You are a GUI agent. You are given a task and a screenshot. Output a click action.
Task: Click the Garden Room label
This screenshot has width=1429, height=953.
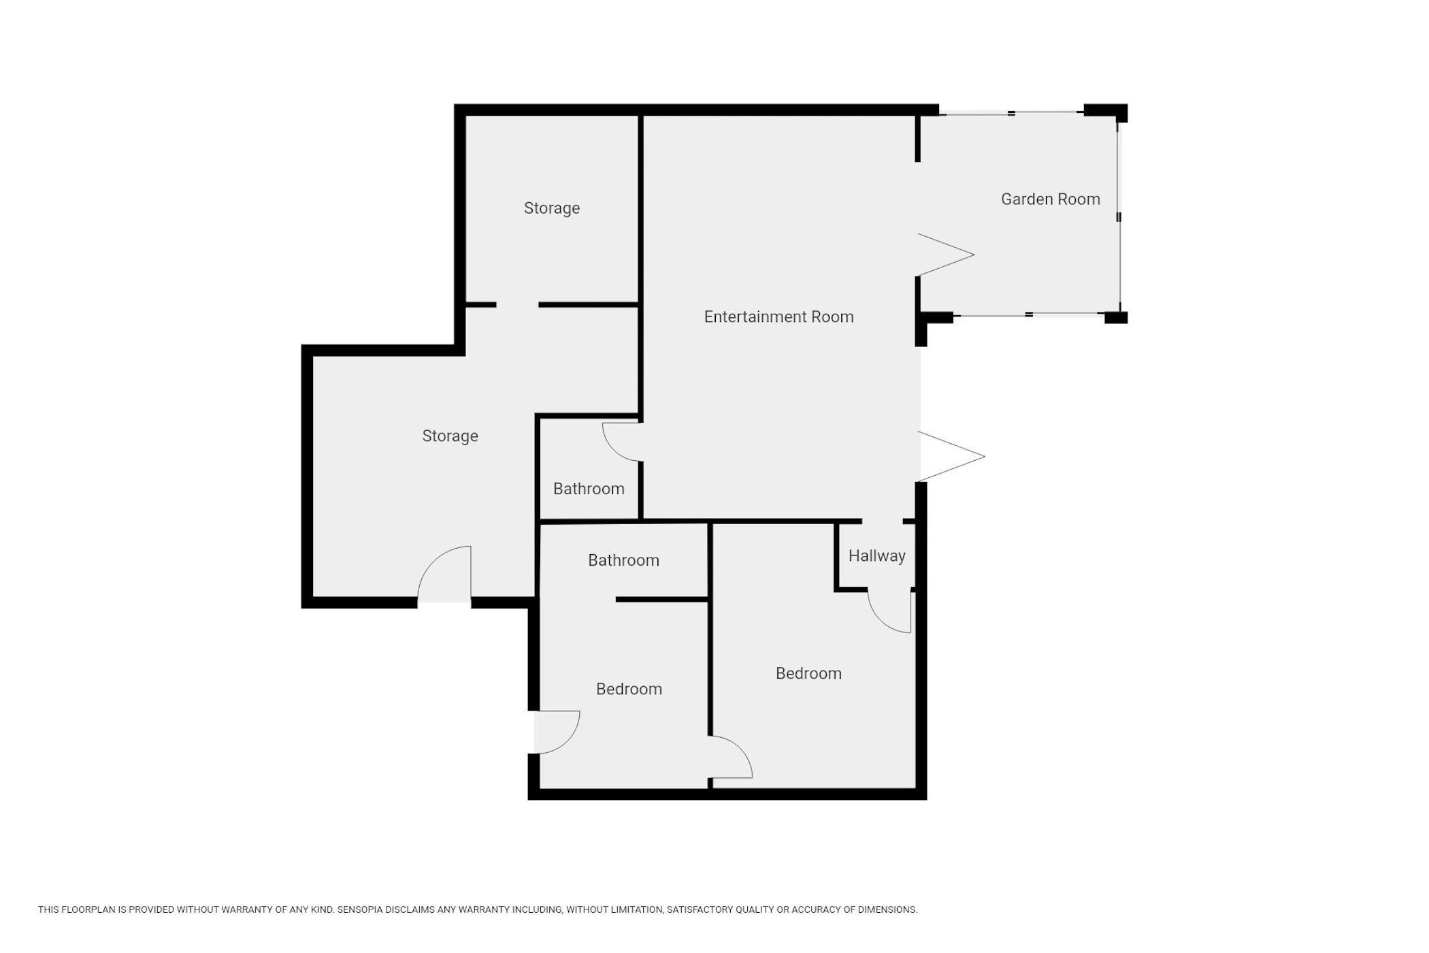[x=1050, y=199]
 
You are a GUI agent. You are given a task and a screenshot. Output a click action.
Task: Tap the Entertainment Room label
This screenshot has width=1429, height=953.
[x=778, y=317]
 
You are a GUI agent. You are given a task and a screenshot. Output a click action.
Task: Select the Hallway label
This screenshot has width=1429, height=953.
[x=876, y=556]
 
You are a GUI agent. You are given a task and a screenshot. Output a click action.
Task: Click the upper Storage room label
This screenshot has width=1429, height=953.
[x=552, y=208]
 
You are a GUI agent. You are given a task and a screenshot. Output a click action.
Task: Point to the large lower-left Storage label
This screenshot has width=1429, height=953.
[x=450, y=436]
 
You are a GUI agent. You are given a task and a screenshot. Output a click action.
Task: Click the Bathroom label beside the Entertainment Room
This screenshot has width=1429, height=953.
[x=589, y=489]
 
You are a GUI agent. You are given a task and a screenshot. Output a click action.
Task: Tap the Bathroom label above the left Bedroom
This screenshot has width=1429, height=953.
[x=623, y=560]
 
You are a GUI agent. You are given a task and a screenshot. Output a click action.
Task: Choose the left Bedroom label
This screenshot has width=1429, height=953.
[x=629, y=689]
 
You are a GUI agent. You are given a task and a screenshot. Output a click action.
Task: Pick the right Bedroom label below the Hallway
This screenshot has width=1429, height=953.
[x=808, y=673]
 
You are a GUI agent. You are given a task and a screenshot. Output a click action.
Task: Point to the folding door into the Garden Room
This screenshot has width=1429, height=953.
[x=946, y=255]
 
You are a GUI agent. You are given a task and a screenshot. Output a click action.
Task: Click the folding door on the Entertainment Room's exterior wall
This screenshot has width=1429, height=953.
[x=951, y=456]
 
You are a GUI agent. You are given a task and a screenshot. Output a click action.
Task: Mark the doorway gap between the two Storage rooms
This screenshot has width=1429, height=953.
[x=517, y=304]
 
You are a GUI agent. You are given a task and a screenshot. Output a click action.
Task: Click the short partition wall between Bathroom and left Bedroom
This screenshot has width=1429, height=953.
[x=662, y=600]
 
